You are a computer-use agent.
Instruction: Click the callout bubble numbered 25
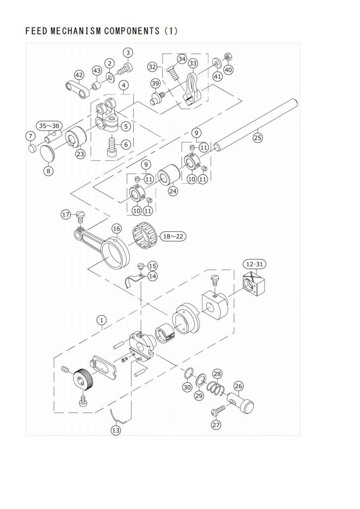[258, 138]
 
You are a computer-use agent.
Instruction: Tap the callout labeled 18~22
[173, 236]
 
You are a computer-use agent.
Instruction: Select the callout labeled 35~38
[49, 126]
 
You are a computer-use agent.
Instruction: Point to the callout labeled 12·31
[254, 264]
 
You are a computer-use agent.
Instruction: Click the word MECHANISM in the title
[75, 31]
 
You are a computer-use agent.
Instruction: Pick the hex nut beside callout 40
[228, 58]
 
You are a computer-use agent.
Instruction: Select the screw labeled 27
[218, 410]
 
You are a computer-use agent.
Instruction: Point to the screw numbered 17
[80, 217]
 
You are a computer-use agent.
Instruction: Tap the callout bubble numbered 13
[115, 430]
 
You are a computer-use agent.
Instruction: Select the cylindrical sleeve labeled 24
[169, 175]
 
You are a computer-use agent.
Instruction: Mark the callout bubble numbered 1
[101, 320]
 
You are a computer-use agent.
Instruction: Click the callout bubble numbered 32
[152, 67]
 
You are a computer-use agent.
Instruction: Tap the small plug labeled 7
[31, 148]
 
